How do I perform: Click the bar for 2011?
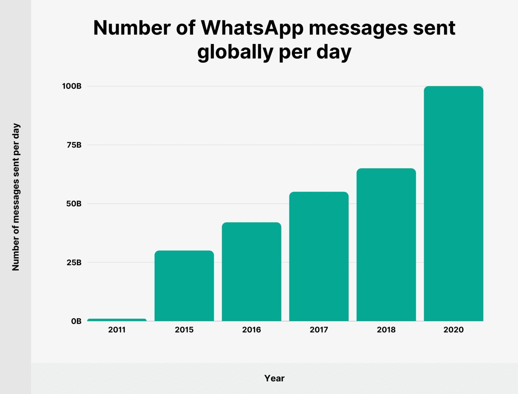click(x=117, y=320)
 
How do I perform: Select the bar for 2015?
click(x=184, y=286)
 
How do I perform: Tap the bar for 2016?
click(x=252, y=272)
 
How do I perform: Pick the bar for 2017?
click(x=319, y=256)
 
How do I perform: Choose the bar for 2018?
click(x=386, y=245)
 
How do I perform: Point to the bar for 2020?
click(x=454, y=203)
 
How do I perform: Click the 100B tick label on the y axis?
click(x=72, y=86)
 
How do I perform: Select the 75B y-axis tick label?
click(x=74, y=145)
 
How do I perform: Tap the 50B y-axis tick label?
click(x=74, y=204)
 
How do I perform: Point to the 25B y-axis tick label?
click(x=74, y=262)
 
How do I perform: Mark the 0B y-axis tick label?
click(x=76, y=321)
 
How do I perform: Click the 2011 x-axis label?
click(x=117, y=330)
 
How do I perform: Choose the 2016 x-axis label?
click(x=252, y=330)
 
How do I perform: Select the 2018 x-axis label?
click(x=386, y=330)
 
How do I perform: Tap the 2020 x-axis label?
click(x=454, y=330)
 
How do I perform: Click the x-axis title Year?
click(x=274, y=378)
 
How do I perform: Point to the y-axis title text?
click(x=16, y=197)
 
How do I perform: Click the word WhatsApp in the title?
click(x=252, y=29)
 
